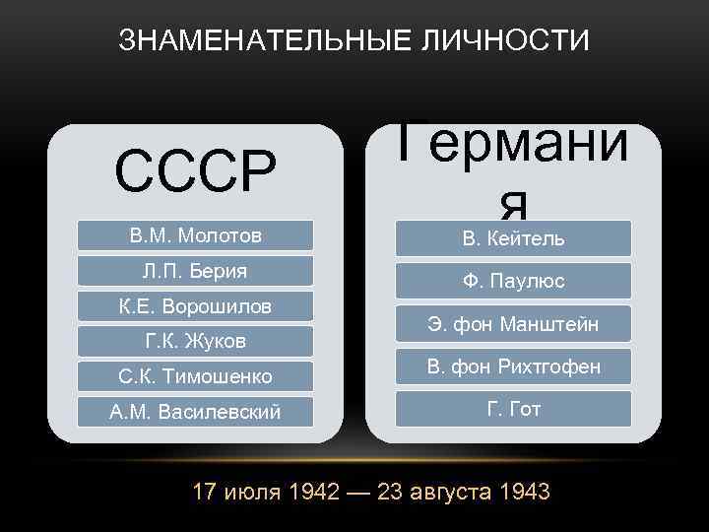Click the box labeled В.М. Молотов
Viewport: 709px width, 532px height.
point(195,235)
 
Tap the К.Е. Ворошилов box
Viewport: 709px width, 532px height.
point(195,306)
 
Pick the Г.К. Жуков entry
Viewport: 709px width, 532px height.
point(195,342)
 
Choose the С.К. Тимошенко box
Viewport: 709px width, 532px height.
point(195,376)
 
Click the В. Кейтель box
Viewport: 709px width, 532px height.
point(513,239)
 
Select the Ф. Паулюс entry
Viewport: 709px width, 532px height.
point(513,282)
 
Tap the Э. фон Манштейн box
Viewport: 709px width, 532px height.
point(513,324)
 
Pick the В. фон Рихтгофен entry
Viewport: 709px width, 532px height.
point(513,367)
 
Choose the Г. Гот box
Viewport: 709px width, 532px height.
point(513,409)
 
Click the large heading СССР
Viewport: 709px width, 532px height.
point(195,172)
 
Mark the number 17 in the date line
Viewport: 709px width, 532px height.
point(205,492)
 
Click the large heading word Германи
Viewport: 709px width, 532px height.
point(513,158)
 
